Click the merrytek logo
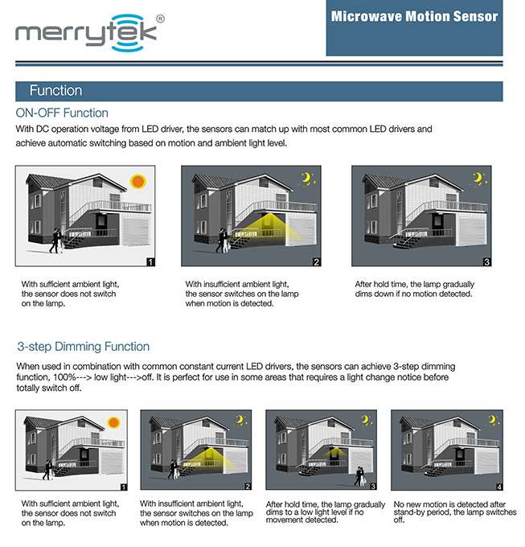point(90,33)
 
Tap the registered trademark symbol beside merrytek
point(160,19)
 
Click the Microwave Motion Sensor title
point(415,16)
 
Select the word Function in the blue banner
point(55,91)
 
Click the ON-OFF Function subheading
point(62,113)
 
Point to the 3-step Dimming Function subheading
point(84,347)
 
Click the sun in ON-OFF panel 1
point(137,182)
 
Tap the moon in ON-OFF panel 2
point(306,178)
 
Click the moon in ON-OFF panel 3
point(478,178)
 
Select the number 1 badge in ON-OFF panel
point(150,262)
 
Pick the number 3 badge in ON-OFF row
point(487,262)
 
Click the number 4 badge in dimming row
point(499,487)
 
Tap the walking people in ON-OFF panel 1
point(56,241)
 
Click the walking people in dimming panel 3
point(359,476)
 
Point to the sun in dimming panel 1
point(113,422)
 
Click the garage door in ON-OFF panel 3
point(472,230)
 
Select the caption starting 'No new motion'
point(455,512)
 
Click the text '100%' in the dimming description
point(64,377)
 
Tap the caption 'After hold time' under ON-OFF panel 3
point(415,290)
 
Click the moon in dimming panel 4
point(492,420)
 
